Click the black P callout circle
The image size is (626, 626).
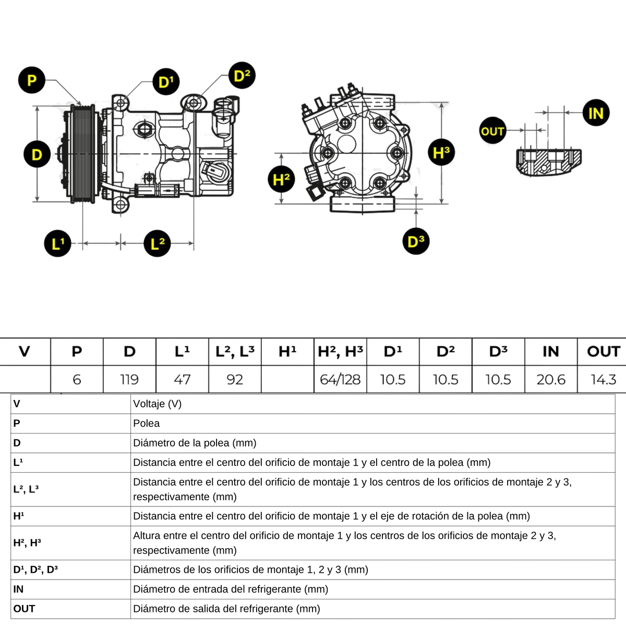[x=32, y=80]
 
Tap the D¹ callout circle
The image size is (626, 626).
[x=166, y=82]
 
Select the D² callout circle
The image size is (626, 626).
[x=242, y=76]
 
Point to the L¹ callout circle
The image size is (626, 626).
[x=57, y=243]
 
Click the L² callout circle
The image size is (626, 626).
[x=157, y=243]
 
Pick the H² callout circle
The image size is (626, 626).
[x=281, y=180]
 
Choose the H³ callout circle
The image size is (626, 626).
[x=441, y=153]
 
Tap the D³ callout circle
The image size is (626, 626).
[x=416, y=242]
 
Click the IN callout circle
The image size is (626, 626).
[x=596, y=113]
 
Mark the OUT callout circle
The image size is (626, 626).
[x=492, y=131]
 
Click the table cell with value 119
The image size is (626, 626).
[x=129, y=379]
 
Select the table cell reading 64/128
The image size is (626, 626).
[x=340, y=379]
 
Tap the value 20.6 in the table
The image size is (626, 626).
[x=551, y=379]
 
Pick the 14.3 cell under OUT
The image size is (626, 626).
[x=604, y=379]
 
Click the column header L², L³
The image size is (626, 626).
[x=235, y=352]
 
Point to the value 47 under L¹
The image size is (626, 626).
[x=182, y=379]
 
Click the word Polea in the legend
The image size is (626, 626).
[x=147, y=424]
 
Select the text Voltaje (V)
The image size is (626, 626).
[x=158, y=404]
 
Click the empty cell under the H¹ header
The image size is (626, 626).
[x=287, y=379]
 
